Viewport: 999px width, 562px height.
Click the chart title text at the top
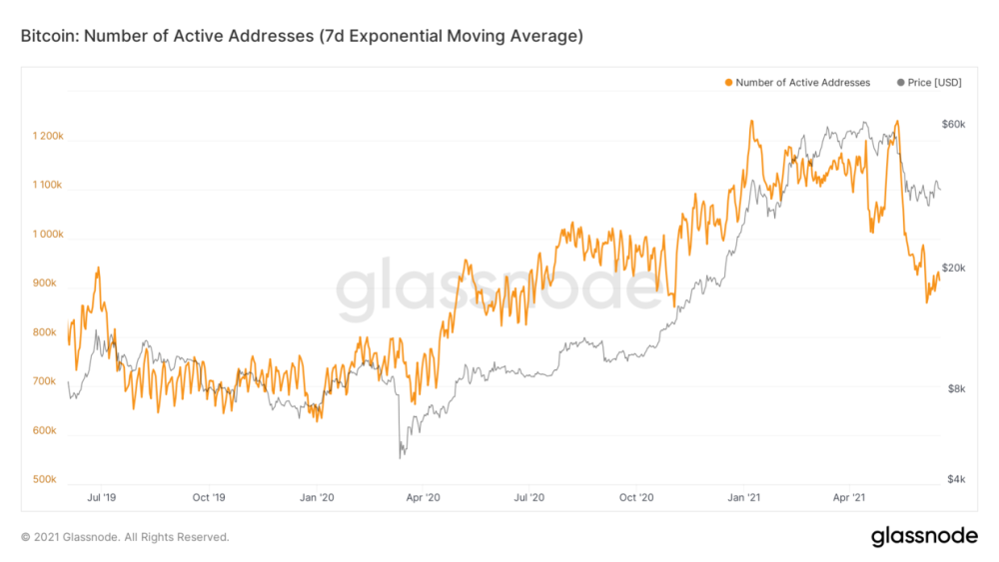tap(301, 37)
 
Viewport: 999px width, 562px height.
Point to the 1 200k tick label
tap(47, 137)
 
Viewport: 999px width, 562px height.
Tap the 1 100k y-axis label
tap(47, 186)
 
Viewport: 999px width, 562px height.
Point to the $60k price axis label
tap(953, 124)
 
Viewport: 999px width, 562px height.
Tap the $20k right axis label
tap(953, 269)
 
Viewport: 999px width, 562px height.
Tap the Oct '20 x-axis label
tap(636, 496)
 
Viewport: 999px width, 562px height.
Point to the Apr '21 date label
tap(849, 496)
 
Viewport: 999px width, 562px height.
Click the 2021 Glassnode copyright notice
tap(125, 537)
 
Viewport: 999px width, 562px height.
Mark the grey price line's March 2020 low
tap(401, 457)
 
